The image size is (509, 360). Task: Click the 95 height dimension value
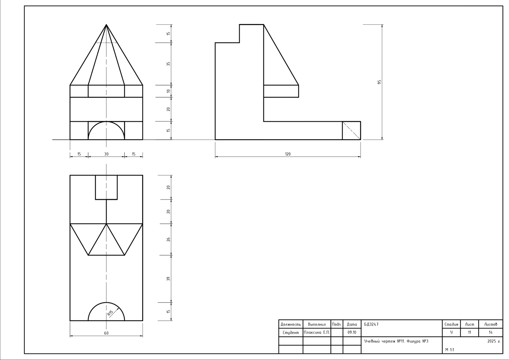[x=379, y=82]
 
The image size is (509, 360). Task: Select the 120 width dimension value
[x=288, y=154]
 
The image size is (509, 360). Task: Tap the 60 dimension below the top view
[x=106, y=333]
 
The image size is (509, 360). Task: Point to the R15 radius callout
[x=110, y=313]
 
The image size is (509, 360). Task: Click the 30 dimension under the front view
[x=106, y=154]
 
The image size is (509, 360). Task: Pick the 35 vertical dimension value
[x=168, y=64]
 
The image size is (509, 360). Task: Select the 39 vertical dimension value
[x=168, y=279]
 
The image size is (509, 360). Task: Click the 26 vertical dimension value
[x=168, y=239]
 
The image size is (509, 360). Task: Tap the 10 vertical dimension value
[x=168, y=91]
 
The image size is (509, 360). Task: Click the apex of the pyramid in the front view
[x=106, y=24]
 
